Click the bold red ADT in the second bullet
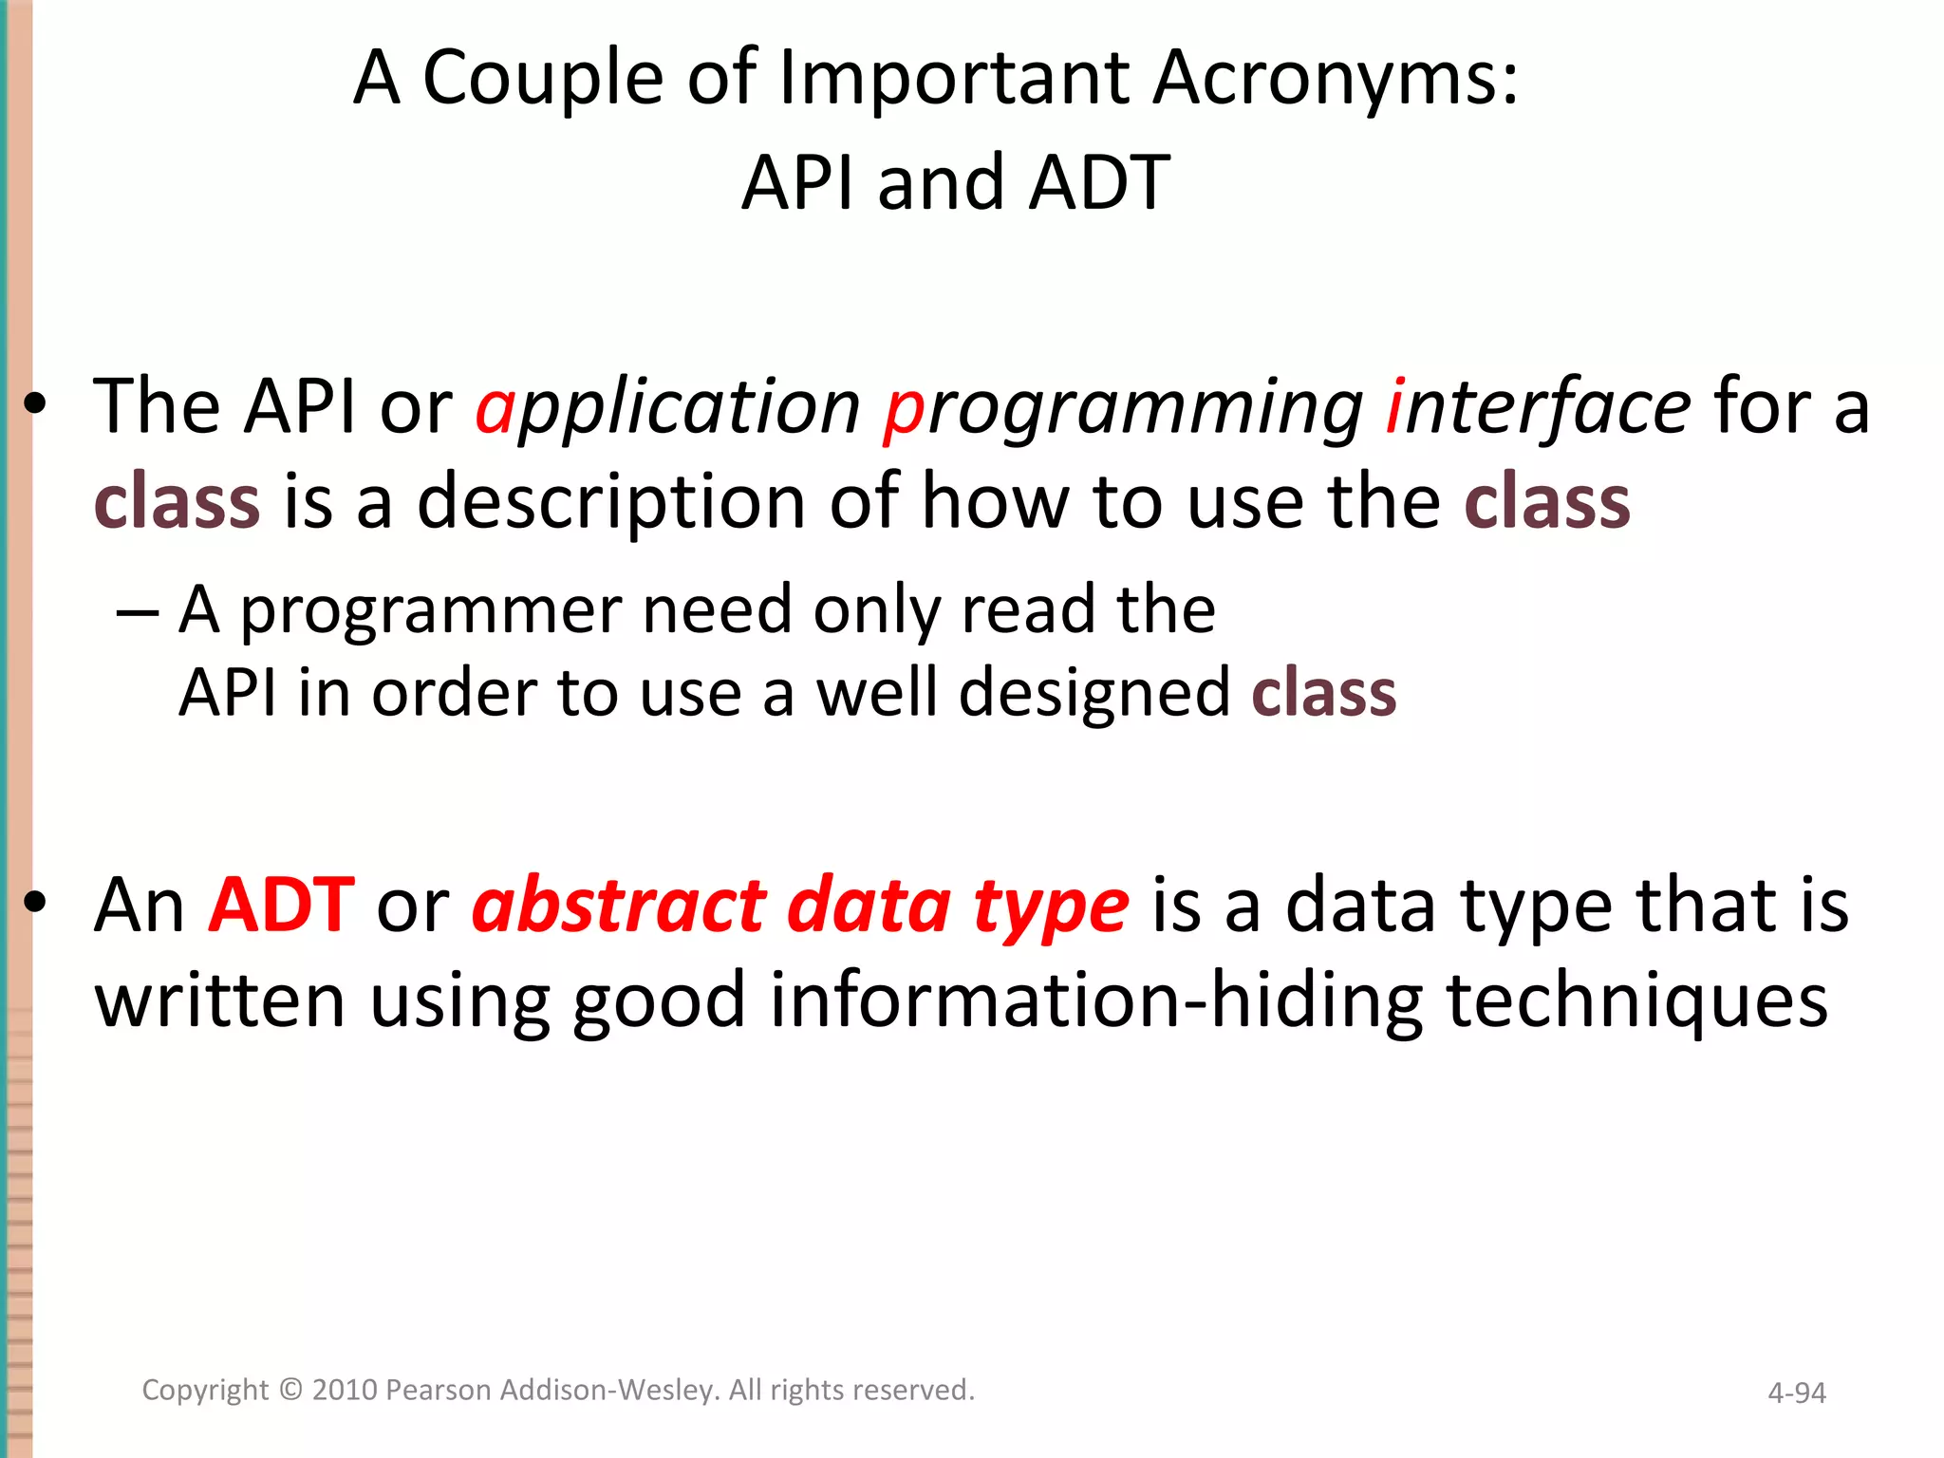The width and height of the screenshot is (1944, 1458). point(282,906)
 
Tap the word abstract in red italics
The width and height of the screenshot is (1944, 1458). point(619,906)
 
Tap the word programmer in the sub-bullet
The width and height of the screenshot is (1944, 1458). point(430,611)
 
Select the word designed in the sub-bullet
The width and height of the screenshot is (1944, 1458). point(1093,693)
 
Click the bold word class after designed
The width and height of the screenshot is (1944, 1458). point(1323,693)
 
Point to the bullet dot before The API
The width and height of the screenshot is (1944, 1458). point(35,406)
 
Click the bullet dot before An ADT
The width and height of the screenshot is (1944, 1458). point(35,904)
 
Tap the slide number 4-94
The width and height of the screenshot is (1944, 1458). point(1796,1393)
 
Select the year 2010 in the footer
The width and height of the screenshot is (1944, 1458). point(346,1390)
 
